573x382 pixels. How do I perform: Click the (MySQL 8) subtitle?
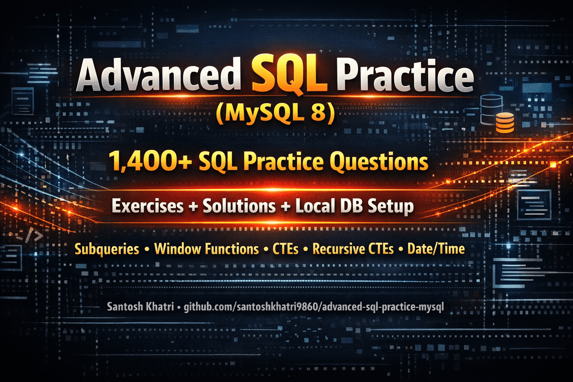[x=275, y=113]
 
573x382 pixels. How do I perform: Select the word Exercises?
[x=148, y=206]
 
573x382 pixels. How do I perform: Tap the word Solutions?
[x=239, y=206]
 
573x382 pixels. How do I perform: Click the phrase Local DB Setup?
[x=354, y=206]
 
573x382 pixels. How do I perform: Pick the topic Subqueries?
[x=107, y=249]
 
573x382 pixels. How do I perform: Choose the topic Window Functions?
[x=206, y=249]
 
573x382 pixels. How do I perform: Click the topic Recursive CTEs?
[x=353, y=249]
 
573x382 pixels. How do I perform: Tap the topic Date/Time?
[x=436, y=249]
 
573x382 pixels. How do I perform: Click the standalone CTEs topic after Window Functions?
[x=285, y=249]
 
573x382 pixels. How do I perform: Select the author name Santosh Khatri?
[x=140, y=307]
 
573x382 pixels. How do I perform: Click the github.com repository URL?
[x=314, y=307]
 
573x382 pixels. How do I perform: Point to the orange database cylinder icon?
[x=505, y=123]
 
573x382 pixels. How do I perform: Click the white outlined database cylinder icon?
[x=491, y=108]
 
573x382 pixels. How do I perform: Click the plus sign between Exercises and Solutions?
[x=193, y=207]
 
